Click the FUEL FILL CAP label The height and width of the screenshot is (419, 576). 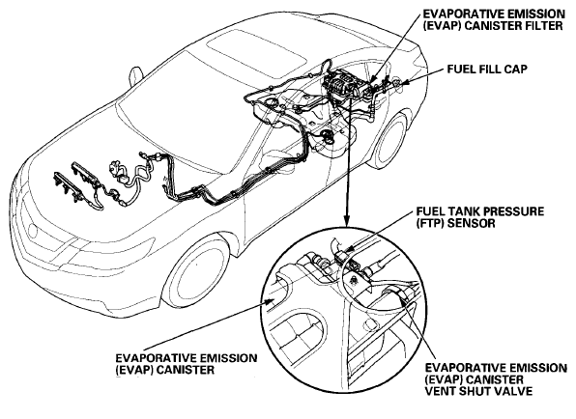point(487,70)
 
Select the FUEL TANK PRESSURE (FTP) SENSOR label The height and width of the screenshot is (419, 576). point(480,217)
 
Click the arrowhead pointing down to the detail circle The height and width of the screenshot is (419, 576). point(346,220)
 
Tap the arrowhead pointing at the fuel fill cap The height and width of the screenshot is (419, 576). point(403,83)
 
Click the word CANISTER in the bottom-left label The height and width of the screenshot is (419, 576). point(186,370)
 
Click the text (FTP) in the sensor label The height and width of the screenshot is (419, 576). point(432,223)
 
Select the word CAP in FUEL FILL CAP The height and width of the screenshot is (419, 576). point(515,70)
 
